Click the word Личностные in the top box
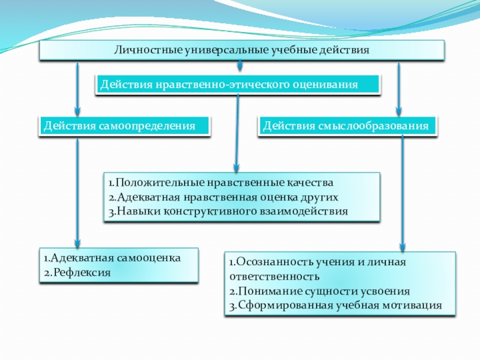pos(141,49)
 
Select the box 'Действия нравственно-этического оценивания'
pos(238,85)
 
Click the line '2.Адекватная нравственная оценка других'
pos(223,197)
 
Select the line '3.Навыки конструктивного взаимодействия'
pos(228,211)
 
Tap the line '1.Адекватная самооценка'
pos(112,258)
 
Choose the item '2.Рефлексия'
pos(77,272)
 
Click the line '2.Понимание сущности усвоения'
pos(319,291)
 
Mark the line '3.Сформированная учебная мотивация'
pos(335,305)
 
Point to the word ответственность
pos(274,277)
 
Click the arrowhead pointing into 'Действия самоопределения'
pos(77,110)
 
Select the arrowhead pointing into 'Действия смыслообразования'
pos(399,110)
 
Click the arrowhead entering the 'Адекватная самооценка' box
pos(77,242)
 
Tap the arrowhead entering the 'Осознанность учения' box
pos(403,246)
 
